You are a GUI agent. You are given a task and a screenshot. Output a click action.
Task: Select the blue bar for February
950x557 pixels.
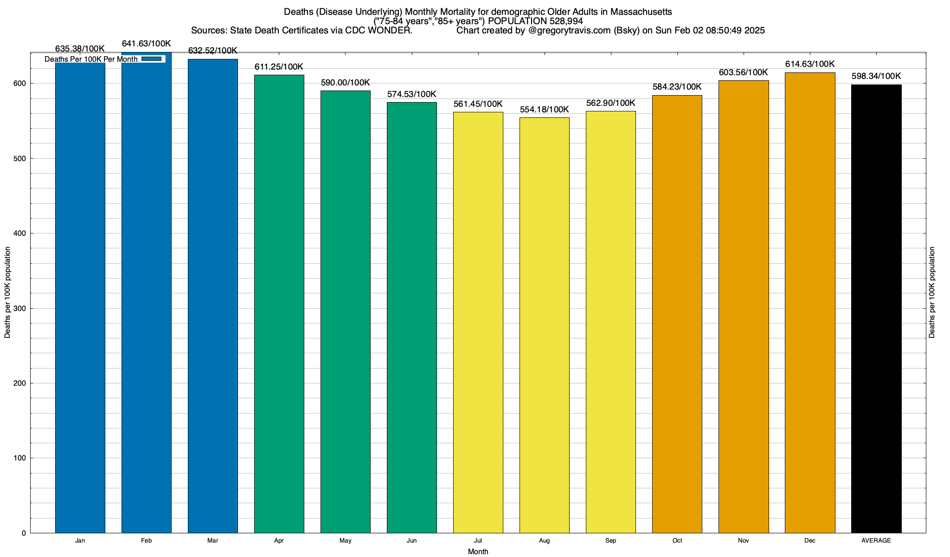click(x=146, y=297)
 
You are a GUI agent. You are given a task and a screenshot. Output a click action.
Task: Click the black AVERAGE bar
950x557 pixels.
click(x=876, y=309)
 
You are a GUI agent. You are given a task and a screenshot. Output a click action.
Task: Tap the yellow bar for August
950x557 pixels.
click(x=544, y=325)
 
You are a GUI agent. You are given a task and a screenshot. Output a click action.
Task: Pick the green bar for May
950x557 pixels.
click(x=346, y=311)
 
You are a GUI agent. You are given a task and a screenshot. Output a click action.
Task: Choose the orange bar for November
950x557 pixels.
click(x=744, y=306)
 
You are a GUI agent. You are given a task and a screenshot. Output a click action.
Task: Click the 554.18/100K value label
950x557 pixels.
click(x=544, y=110)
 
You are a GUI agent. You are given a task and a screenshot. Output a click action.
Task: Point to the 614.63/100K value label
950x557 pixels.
click(x=810, y=64)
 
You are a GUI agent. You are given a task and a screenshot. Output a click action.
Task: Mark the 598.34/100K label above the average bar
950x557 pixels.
click(x=876, y=76)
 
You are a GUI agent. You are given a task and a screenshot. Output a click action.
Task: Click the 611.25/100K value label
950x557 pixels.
click(x=279, y=67)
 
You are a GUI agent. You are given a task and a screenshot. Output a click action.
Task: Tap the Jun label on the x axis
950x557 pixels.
click(x=411, y=541)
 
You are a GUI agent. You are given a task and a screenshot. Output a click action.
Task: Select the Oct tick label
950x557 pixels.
click(x=677, y=541)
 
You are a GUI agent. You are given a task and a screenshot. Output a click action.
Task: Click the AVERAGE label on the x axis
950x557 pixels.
click(x=876, y=541)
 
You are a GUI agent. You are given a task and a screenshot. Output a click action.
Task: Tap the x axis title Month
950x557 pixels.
click(x=478, y=552)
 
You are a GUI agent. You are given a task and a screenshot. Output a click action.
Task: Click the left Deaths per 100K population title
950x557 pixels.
click(x=7, y=292)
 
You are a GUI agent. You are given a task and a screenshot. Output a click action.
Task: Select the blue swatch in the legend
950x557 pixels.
click(x=152, y=59)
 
